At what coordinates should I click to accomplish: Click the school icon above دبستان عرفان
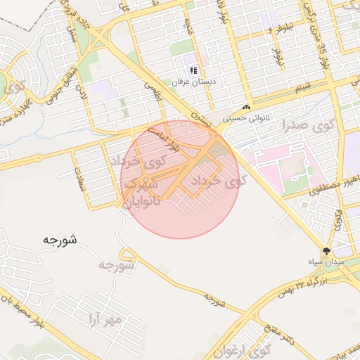[x=193, y=71]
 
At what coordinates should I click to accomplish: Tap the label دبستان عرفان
[x=193, y=82]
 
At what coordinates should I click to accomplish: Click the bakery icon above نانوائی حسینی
[x=245, y=108]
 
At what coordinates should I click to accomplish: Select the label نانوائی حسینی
[x=245, y=118]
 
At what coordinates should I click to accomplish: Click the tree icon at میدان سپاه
[x=326, y=250]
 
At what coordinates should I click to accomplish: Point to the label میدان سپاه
[x=326, y=261]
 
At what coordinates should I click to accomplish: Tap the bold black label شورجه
[x=60, y=240]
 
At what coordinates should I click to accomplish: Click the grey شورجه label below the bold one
[x=116, y=265]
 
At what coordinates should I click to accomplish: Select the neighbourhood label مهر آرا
[x=105, y=321]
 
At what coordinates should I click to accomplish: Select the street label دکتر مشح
[x=280, y=328]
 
